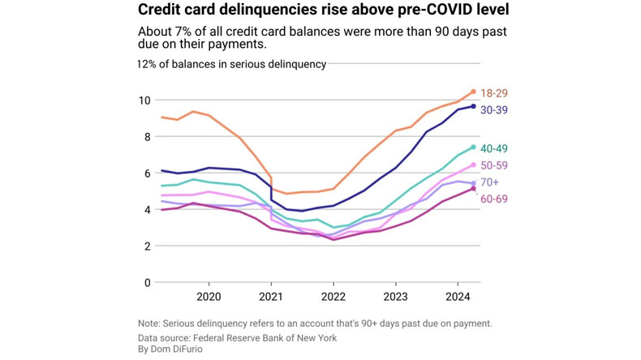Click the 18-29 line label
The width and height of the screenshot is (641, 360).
point(493,93)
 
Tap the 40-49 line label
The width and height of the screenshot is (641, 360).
point(493,148)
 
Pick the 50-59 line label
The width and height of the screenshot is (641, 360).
point(493,166)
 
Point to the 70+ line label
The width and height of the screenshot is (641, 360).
point(490,182)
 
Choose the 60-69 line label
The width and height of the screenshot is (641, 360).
point(493,199)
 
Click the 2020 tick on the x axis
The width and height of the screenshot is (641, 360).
point(209,297)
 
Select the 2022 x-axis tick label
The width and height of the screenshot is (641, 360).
point(333,297)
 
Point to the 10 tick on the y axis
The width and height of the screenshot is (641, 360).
point(144,101)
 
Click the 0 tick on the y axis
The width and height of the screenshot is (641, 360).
point(147,283)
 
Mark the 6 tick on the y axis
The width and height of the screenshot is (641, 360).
point(147,174)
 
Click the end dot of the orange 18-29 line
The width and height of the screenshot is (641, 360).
point(473,92)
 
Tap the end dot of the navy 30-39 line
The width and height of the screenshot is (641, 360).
point(473,106)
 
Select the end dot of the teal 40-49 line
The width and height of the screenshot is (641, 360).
point(473,148)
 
